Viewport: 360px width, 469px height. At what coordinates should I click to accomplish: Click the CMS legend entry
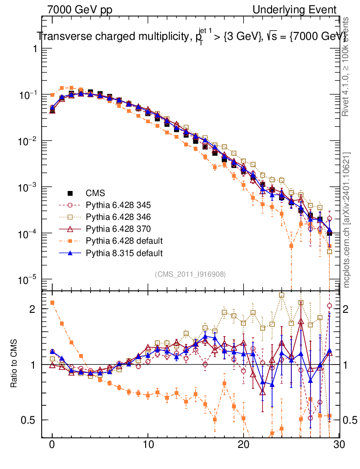(95, 193)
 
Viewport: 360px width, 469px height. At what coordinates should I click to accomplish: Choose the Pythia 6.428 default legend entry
(124, 240)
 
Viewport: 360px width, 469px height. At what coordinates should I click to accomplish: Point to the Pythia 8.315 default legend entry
(124, 252)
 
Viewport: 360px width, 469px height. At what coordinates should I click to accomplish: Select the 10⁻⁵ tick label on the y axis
(28, 280)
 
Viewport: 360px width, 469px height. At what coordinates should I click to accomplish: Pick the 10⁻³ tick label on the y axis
(28, 187)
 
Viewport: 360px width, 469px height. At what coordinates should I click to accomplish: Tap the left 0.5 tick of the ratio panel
(29, 420)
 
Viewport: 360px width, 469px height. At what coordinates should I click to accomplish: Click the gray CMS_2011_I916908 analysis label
(190, 274)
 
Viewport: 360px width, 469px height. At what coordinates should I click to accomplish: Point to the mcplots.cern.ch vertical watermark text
(347, 220)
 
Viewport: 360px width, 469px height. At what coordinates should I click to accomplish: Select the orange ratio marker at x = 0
(52, 303)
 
